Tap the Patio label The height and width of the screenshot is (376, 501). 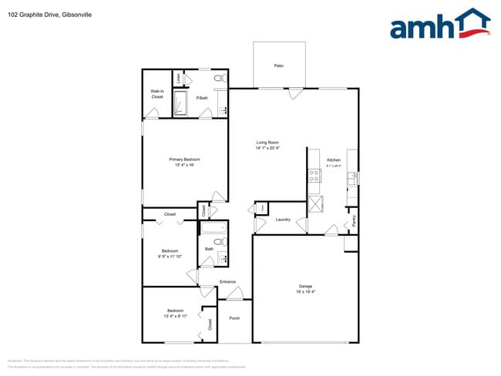pyautogui.click(x=279, y=65)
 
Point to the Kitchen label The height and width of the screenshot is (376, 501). pyautogui.click(x=334, y=159)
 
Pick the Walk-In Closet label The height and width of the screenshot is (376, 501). pyautogui.click(x=157, y=94)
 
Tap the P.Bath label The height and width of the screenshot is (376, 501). pyautogui.click(x=201, y=98)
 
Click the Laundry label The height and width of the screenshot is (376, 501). pyautogui.click(x=283, y=220)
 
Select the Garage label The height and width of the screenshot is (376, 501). pyautogui.click(x=306, y=286)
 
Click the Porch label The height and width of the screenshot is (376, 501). pyautogui.click(x=234, y=318)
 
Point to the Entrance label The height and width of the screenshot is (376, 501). pyautogui.click(x=227, y=281)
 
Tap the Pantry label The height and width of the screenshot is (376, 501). pyautogui.click(x=354, y=220)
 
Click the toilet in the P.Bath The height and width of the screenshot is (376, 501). pyautogui.click(x=218, y=78)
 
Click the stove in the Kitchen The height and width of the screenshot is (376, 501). pyautogui.click(x=314, y=176)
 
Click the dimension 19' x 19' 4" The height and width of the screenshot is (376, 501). pyautogui.click(x=306, y=291)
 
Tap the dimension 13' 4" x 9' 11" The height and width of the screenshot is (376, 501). pyautogui.click(x=175, y=316)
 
